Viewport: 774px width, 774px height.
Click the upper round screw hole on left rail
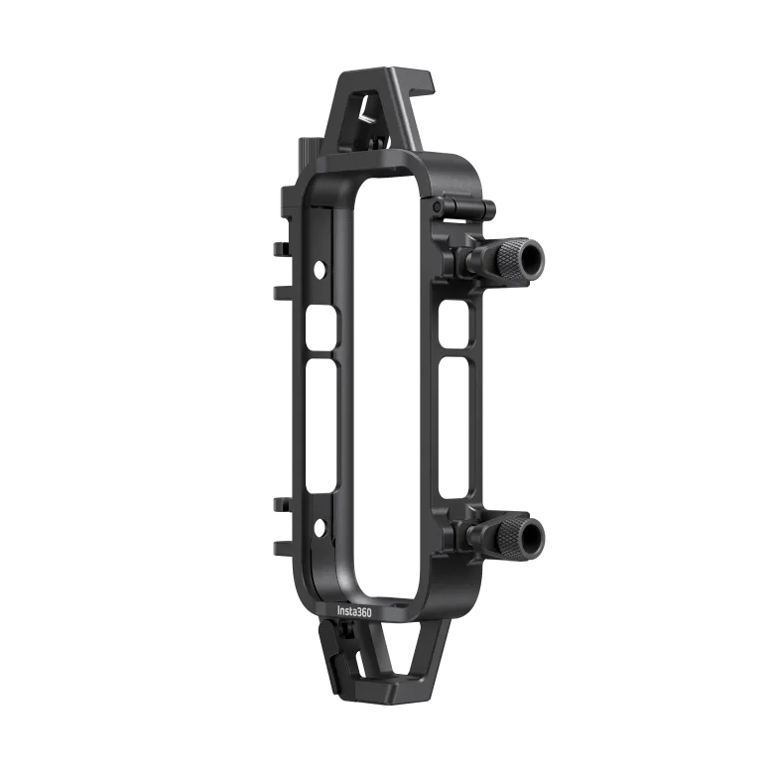[320, 268]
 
